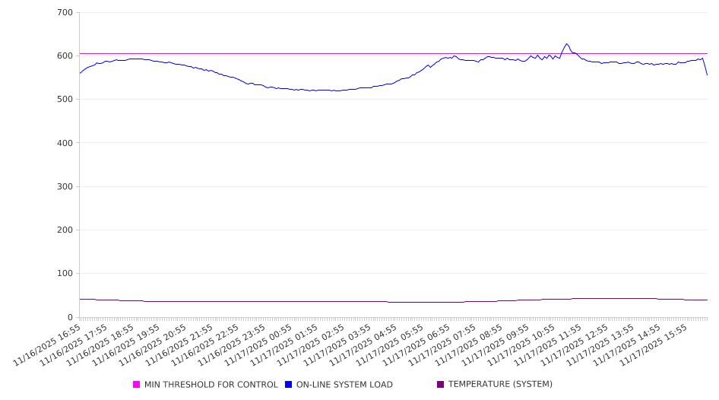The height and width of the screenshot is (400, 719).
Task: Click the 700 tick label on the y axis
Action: [65, 13]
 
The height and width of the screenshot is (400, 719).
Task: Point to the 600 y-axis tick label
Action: [65, 56]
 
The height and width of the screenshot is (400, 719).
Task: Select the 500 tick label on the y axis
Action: [65, 100]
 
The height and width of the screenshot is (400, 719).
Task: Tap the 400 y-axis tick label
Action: [65, 143]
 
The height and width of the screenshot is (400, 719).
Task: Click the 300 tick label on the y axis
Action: [65, 187]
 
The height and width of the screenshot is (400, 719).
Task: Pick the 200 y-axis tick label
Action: [65, 230]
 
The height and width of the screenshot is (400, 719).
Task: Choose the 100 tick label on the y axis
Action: [65, 274]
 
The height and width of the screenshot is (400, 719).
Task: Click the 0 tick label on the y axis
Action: [70, 317]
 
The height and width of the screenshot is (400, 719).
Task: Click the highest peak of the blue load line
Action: [566, 43]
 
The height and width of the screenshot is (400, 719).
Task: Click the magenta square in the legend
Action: [137, 385]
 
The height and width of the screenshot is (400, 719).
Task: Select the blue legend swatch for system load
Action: [289, 385]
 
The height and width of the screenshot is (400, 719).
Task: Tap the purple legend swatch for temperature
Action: [441, 385]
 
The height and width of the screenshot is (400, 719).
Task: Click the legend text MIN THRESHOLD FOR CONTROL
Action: [211, 385]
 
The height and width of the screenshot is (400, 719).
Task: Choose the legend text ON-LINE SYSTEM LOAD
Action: [344, 385]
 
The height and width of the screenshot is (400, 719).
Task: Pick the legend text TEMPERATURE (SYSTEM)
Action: [500, 385]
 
